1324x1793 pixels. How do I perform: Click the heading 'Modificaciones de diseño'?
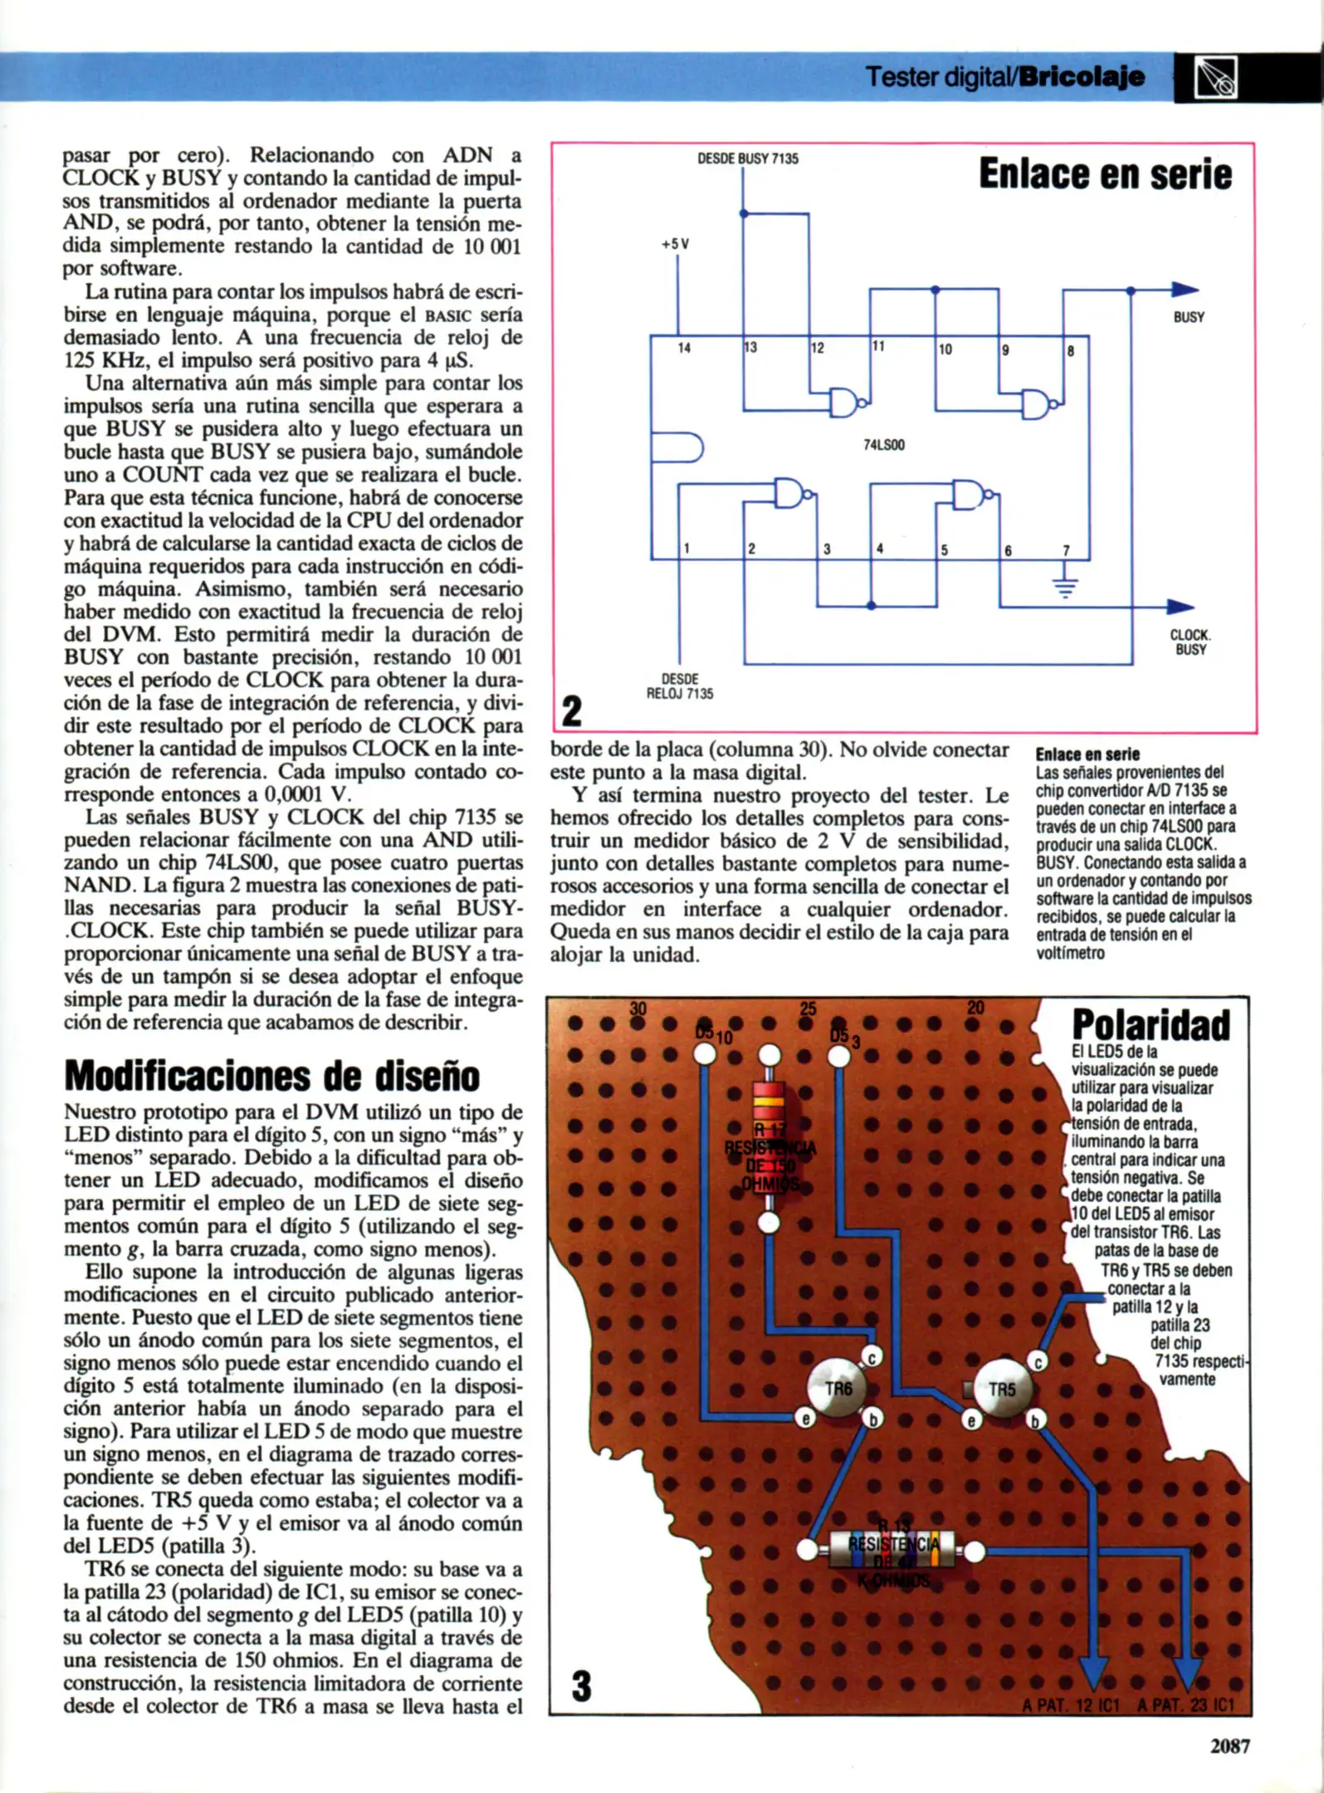(271, 1077)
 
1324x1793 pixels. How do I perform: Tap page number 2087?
(1229, 1747)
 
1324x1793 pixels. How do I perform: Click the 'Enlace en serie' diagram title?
(1105, 174)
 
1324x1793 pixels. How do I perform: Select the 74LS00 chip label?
(884, 445)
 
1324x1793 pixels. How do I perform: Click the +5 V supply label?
(676, 245)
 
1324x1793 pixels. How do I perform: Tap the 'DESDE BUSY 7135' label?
(748, 159)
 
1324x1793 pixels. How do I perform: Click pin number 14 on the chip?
(684, 348)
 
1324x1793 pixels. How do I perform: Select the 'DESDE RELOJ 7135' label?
(680, 686)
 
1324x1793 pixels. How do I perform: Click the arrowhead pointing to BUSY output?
(1185, 290)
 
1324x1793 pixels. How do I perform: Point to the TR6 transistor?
(838, 1388)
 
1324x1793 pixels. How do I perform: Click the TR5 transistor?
(1003, 1388)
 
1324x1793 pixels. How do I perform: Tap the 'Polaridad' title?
(1151, 1025)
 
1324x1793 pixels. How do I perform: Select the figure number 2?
(572, 711)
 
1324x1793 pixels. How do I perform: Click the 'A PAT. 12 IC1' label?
(1071, 1706)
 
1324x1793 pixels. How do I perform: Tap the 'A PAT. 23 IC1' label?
(1185, 1706)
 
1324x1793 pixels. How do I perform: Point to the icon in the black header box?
(1215, 78)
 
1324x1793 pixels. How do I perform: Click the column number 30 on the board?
(638, 1009)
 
